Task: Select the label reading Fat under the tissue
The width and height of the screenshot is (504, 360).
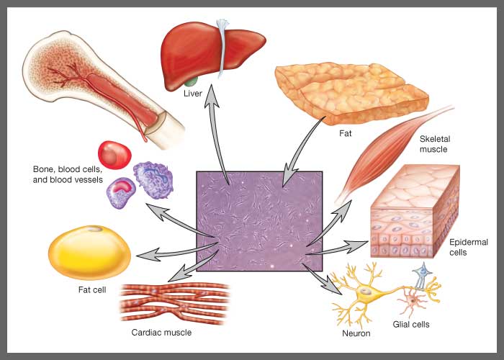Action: coord(346,133)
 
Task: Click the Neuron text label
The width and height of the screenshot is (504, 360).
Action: coord(356,333)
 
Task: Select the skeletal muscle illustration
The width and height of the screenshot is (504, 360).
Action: coord(389,158)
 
